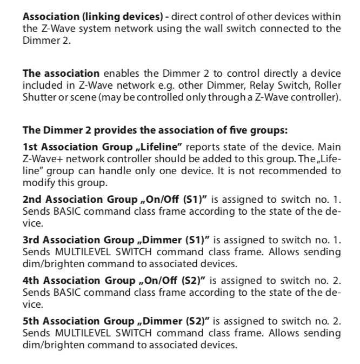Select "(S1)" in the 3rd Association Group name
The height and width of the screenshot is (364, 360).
200,236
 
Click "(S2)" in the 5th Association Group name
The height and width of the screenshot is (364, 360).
201,315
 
